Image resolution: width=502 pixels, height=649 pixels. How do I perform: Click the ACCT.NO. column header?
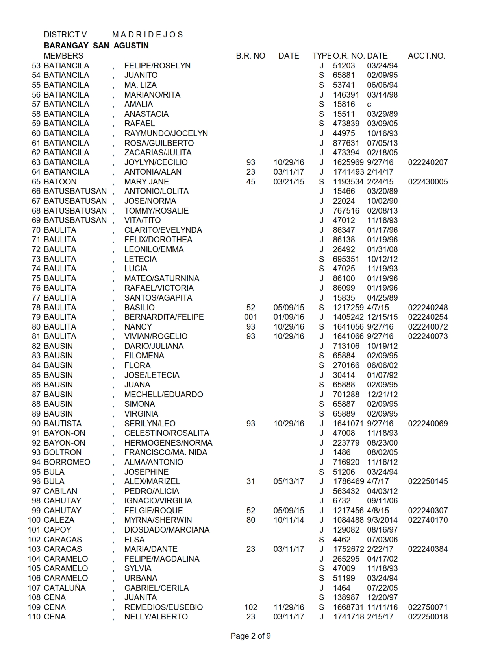point(426,56)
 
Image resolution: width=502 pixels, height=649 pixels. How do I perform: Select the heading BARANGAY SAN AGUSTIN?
point(96,46)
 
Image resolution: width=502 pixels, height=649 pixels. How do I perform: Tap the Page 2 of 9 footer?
point(250,636)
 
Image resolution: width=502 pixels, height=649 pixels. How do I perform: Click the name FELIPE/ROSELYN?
point(157,66)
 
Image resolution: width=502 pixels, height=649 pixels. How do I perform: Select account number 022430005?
point(428,182)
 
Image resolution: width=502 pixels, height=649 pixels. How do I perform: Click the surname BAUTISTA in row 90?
point(63,424)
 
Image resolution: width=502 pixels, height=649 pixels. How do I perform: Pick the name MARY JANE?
point(146,182)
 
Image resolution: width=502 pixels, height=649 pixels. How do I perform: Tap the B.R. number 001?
point(250,317)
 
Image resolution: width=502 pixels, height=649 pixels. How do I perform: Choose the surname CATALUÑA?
point(65,588)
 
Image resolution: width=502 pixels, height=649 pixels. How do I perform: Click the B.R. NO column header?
point(250,56)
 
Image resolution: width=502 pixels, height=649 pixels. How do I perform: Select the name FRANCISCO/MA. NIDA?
point(166,452)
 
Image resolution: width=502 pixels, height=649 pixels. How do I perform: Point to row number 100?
point(34,520)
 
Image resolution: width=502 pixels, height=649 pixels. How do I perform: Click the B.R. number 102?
point(250,607)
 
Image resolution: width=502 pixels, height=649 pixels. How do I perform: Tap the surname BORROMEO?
point(67,462)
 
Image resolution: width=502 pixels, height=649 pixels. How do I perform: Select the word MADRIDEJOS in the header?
point(147,35)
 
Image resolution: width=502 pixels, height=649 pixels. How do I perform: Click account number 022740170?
point(428,520)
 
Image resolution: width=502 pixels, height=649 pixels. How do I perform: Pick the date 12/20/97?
point(382,597)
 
